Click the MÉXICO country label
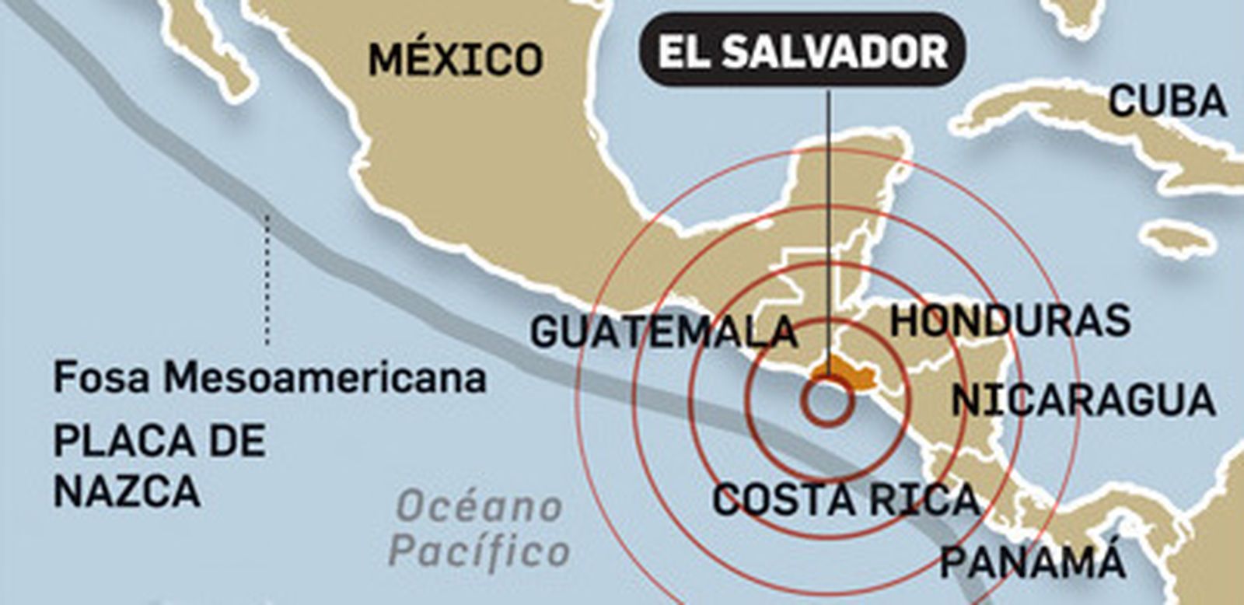[455, 59]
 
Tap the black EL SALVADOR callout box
[802, 51]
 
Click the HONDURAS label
[1009, 320]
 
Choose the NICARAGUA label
[1083, 400]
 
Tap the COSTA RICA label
[846, 499]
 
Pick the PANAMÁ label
[1033, 561]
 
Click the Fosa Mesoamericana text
[269, 378]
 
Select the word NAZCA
[127, 491]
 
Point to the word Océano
[480, 508]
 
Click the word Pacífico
[480, 551]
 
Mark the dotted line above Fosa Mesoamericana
[267, 280]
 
